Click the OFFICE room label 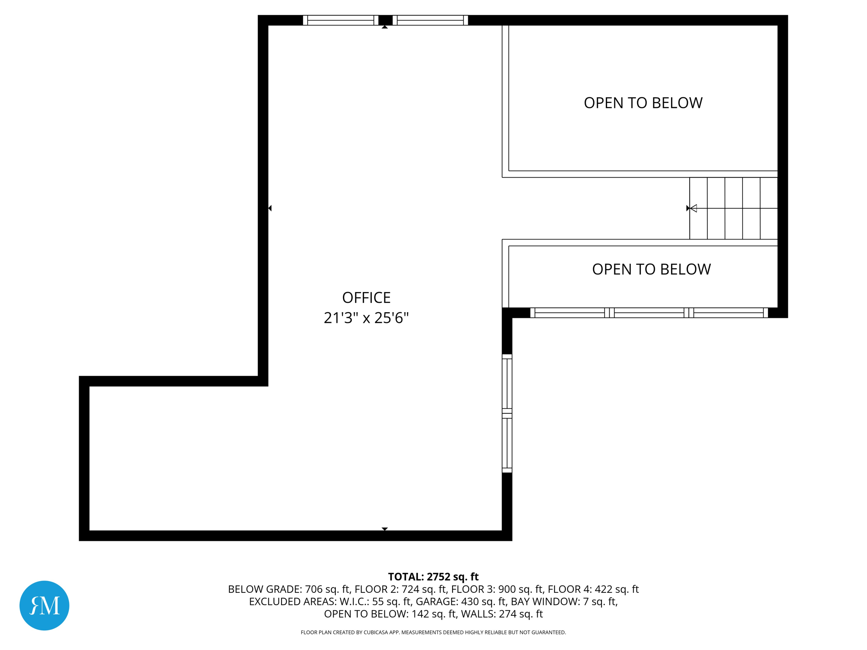pos(366,297)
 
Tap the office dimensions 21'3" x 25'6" pos(366,318)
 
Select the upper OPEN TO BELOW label pos(643,103)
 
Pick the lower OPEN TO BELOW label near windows pos(651,269)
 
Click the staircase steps pos(734,208)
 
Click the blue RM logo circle pos(44,605)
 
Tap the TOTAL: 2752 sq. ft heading pos(433,577)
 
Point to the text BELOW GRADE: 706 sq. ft pos(289,589)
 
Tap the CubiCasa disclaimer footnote pos(433,632)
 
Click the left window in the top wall pos(341,20)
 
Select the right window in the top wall pos(430,20)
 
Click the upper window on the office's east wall pos(507,383)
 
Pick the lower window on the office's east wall pos(507,443)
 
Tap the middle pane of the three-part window pos(649,313)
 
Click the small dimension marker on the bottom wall pos(384,529)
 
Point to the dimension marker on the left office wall pos(270,208)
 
